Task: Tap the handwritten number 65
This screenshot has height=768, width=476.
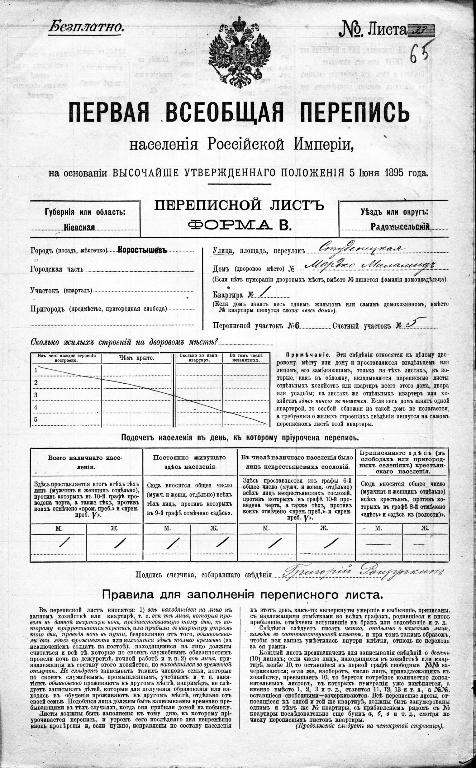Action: (421, 50)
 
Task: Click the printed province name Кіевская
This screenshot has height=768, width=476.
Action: (79, 227)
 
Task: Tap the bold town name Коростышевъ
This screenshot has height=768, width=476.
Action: (142, 250)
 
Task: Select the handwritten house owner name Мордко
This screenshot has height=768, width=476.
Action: (327, 266)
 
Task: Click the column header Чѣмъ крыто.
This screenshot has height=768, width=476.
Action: (137, 358)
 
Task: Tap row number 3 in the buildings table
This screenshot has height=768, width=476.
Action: (36, 395)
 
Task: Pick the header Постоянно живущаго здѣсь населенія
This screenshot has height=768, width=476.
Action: (190, 462)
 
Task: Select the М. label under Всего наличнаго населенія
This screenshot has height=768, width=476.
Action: (59, 529)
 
